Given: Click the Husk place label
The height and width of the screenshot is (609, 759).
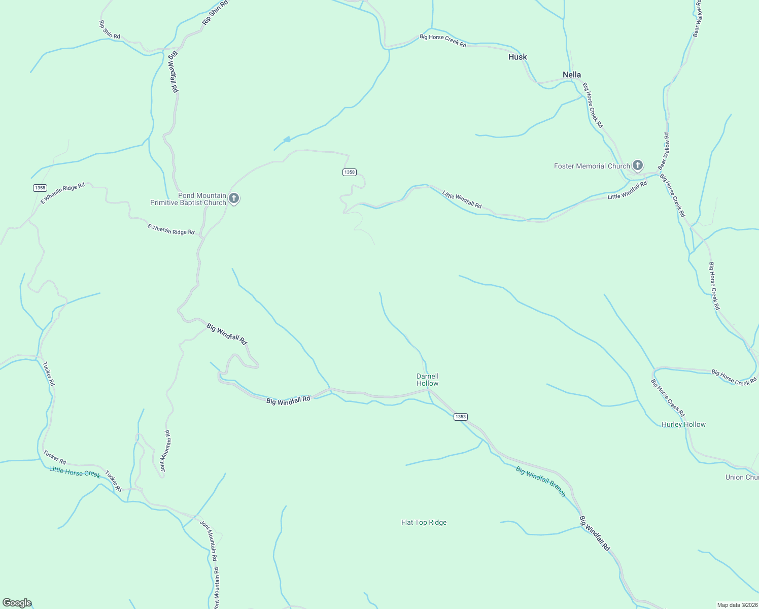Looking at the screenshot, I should tap(517, 57).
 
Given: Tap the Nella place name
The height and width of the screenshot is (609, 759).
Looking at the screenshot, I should tap(572, 75).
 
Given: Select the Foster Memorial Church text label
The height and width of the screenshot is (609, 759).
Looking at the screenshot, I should tap(592, 166).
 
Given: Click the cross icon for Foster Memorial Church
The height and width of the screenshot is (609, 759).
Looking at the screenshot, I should tap(638, 165).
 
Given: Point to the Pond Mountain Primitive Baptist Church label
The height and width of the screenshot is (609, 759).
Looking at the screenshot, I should tap(188, 199).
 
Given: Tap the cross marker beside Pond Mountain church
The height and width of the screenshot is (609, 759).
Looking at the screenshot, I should tap(234, 198).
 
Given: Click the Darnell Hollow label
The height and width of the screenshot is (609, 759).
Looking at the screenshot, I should tap(427, 380).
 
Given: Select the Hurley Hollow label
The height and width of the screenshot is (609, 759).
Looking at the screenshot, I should tap(683, 424).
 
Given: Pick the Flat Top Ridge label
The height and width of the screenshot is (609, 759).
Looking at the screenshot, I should tap(424, 522).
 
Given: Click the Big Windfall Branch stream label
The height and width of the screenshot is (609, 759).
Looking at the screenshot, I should tap(540, 481).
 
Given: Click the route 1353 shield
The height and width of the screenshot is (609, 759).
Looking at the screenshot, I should tap(460, 417).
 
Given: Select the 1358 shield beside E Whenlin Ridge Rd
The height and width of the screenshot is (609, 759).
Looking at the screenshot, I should tap(40, 188).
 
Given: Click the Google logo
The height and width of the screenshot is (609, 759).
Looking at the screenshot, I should tap(17, 603).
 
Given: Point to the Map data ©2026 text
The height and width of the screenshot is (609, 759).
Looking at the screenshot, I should tap(737, 605).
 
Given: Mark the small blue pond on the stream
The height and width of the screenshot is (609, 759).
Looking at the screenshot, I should tap(287, 139).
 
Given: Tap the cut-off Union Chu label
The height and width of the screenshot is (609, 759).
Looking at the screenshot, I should tap(742, 477).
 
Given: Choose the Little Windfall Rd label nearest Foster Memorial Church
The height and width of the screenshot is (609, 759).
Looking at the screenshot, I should tap(627, 190).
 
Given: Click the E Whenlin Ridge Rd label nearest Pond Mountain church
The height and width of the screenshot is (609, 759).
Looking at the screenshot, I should tap(171, 229).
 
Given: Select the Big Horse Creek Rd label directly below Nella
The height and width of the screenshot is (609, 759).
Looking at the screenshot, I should tap(593, 106).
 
